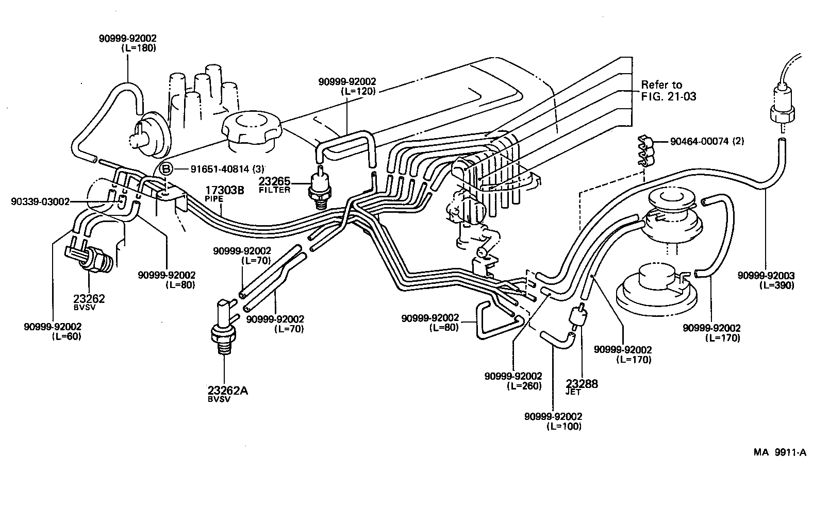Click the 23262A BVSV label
pos(227,394)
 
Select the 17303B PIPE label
pos(224,192)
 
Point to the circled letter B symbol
pos(165,169)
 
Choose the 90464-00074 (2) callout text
pos(707,141)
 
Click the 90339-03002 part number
pos(40,201)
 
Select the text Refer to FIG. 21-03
pos(668,90)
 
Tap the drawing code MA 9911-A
pos(780,453)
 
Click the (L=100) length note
pos(563,426)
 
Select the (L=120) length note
pos(358,91)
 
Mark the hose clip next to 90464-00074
pos(646,150)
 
